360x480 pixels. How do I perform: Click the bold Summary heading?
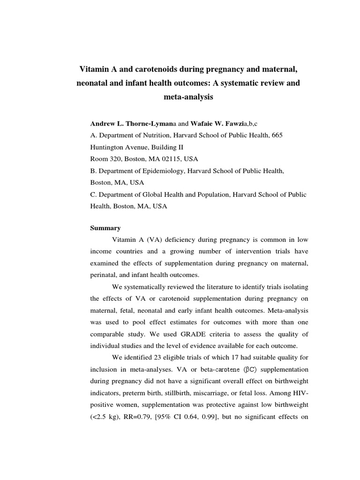tap(105, 228)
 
